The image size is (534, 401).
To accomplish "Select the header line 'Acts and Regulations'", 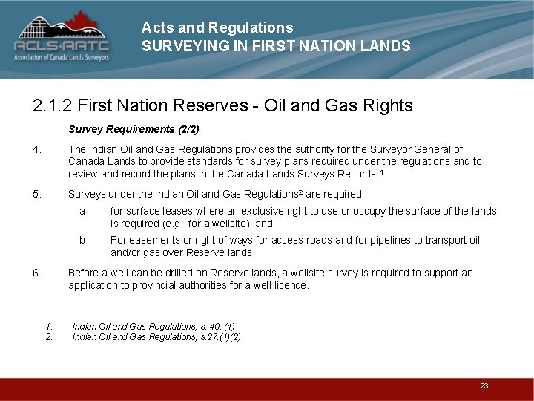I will [x=217, y=27].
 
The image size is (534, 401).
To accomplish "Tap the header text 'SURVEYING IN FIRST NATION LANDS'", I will [x=276, y=46].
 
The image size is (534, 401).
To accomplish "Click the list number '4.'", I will [x=37, y=149].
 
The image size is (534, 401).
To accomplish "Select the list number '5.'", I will [x=37, y=195].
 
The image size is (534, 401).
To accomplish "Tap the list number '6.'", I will [x=37, y=273].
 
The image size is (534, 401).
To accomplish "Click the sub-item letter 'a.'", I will [x=85, y=211].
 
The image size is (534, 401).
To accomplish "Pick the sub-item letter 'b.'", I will [x=85, y=240].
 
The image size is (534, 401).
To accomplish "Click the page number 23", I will [x=484, y=386].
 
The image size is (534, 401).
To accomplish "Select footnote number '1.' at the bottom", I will [x=49, y=326].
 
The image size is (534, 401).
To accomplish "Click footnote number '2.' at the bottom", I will [x=49, y=336].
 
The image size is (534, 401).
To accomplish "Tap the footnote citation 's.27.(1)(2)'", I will [x=215, y=336].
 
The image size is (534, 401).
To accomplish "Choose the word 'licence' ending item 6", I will [x=291, y=285].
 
